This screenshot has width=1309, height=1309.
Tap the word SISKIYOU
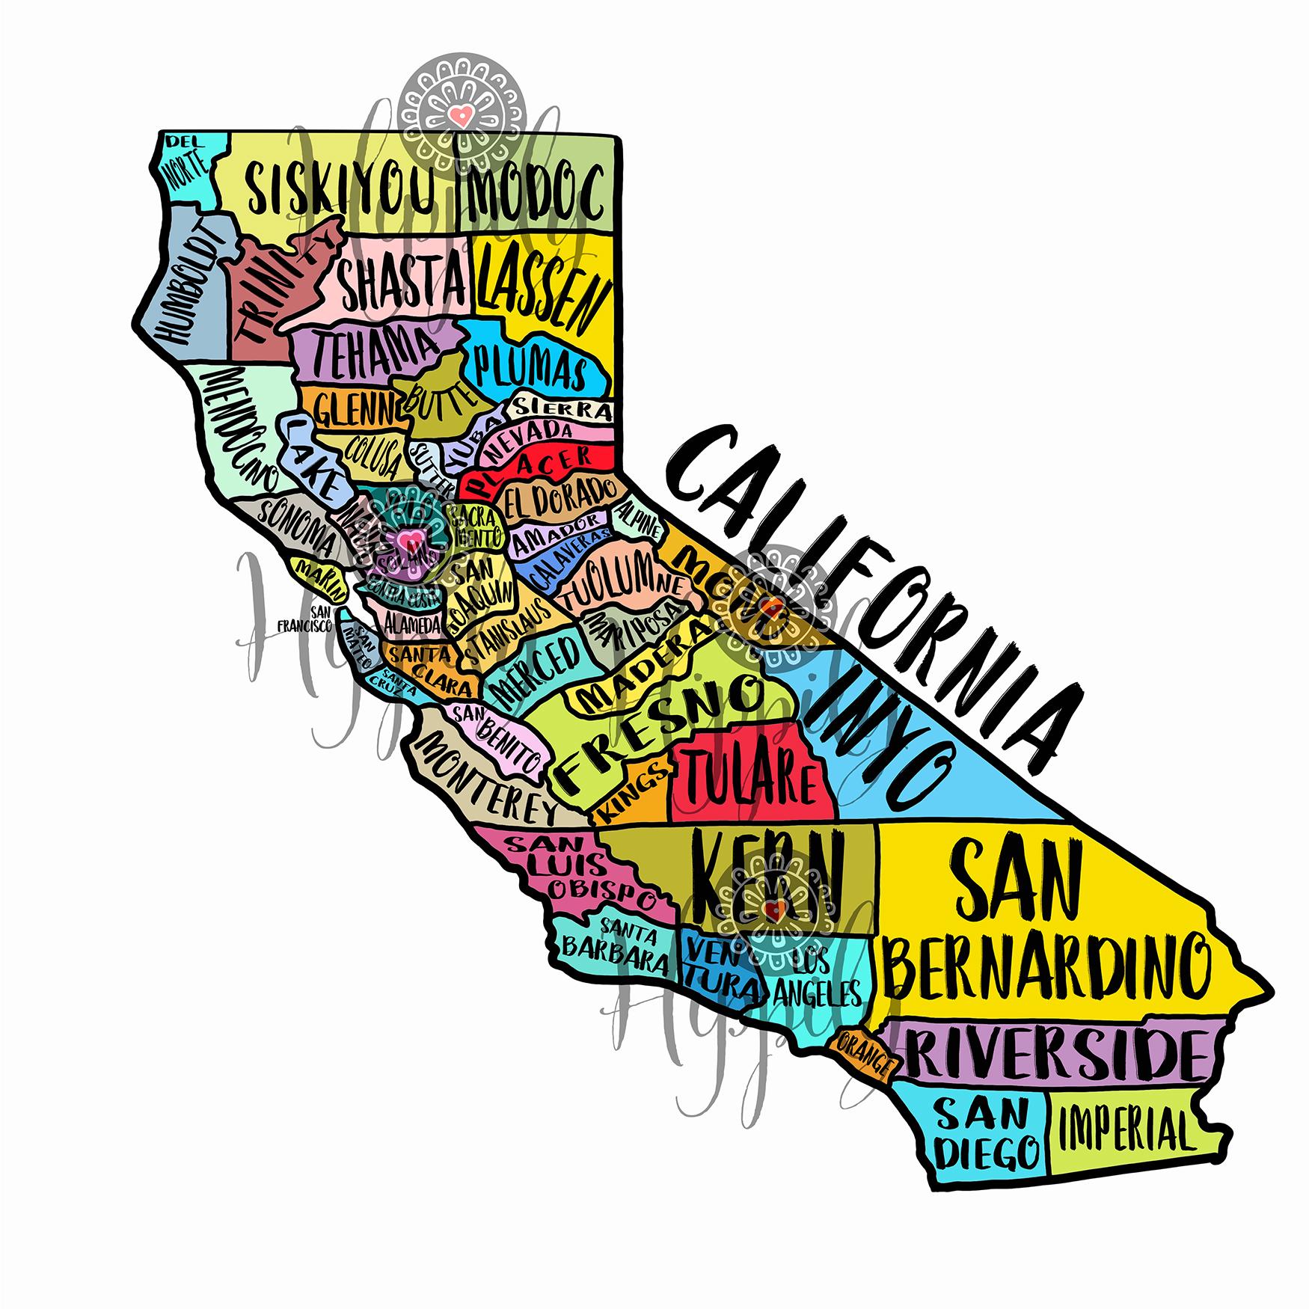click(x=340, y=188)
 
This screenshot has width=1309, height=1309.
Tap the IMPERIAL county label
click(x=1121, y=1130)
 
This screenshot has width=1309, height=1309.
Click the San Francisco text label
click(x=305, y=619)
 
